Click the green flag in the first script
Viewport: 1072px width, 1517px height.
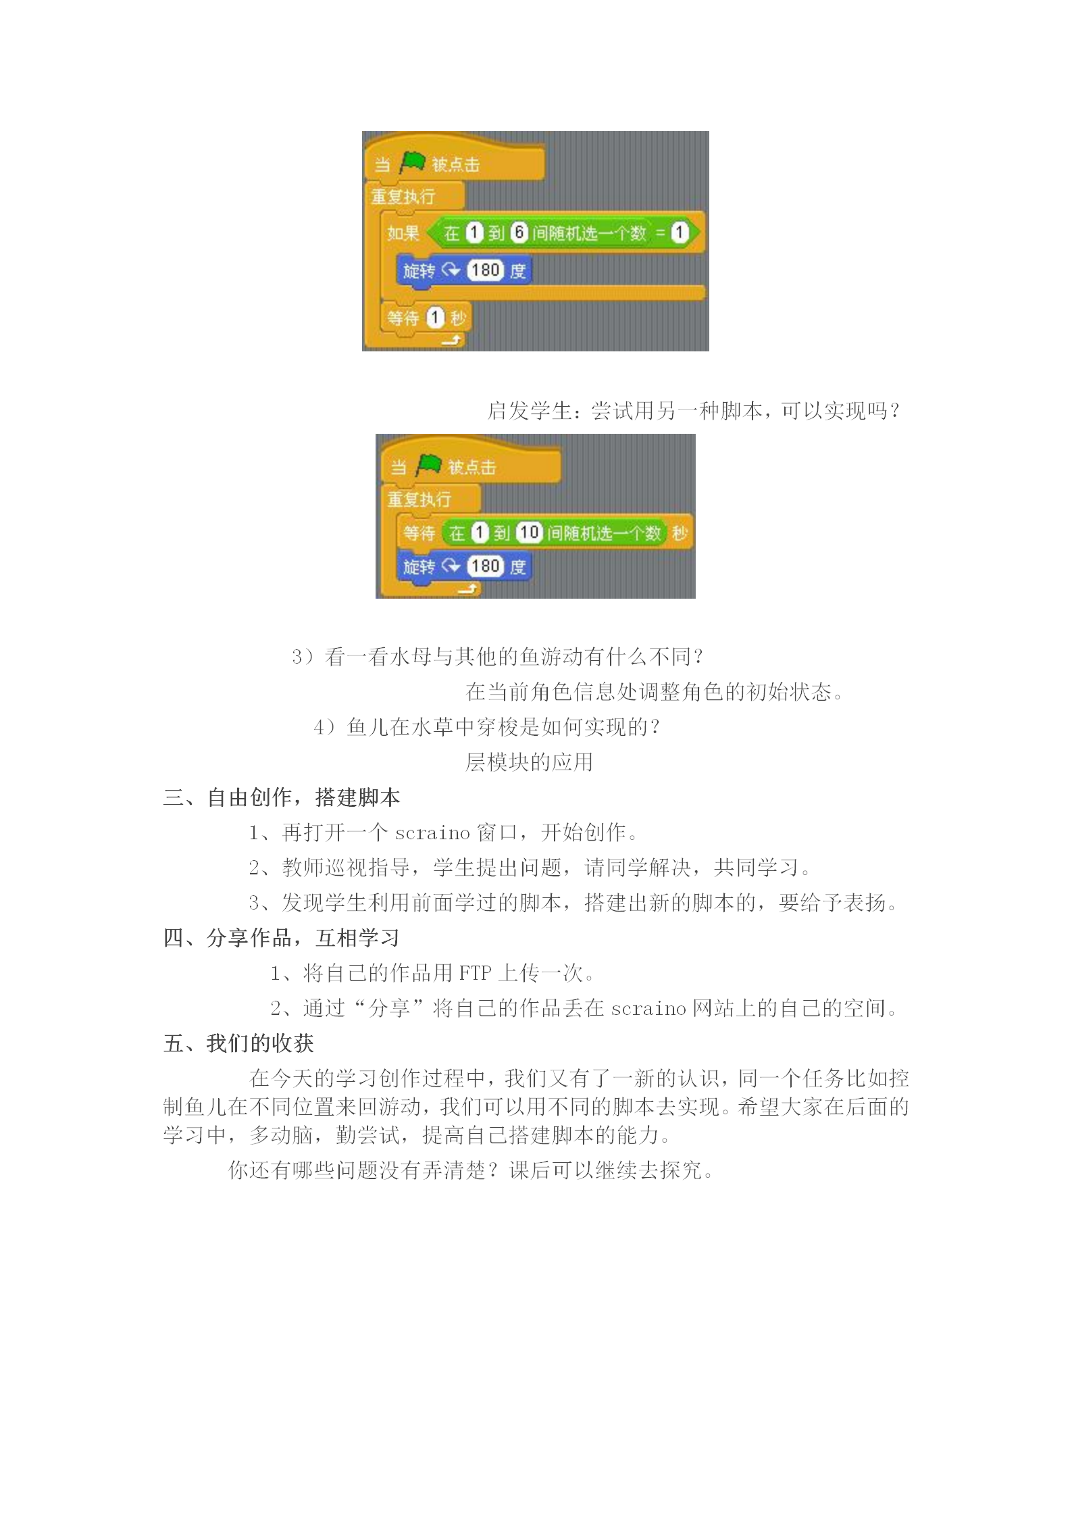tap(412, 162)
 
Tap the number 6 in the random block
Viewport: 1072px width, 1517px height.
tap(518, 232)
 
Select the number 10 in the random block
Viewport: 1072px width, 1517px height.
tap(529, 532)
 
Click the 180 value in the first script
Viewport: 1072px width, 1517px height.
tap(485, 270)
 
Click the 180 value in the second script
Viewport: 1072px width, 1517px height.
tap(485, 566)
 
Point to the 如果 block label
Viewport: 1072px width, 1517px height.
tap(403, 233)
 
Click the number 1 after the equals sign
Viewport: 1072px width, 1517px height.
tap(679, 232)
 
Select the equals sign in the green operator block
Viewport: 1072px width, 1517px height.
tap(661, 233)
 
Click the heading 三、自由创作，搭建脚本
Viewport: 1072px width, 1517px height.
tap(282, 797)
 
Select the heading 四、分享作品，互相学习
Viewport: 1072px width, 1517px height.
tap(282, 938)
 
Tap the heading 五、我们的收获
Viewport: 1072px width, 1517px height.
tap(238, 1043)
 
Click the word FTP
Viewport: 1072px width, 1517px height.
tap(475, 973)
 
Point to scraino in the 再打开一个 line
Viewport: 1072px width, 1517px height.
tap(432, 832)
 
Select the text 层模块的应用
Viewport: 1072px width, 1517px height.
tap(530, 762)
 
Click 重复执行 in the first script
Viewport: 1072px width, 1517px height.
tap(403, 197)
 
